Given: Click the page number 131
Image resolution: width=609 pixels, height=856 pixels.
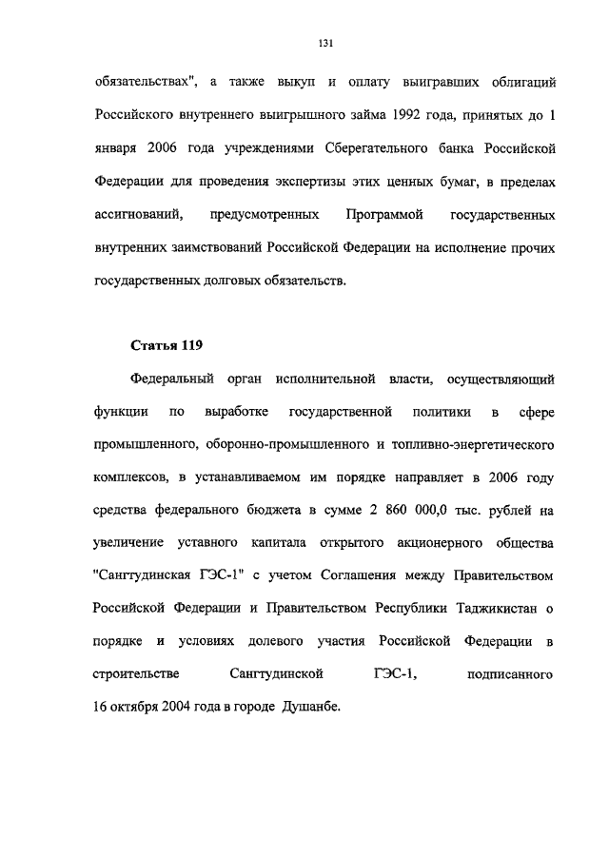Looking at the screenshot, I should (324, 42).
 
